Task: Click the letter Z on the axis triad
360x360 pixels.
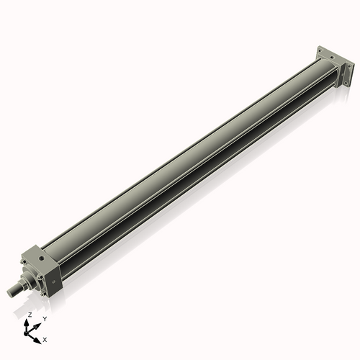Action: (x=30, y=315)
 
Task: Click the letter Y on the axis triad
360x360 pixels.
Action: (x=45, y=319)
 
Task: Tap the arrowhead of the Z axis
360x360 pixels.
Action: (x=26, y=323)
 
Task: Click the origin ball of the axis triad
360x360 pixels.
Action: (x=26, y=333)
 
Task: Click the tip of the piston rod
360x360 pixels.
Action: (x=10, y=292)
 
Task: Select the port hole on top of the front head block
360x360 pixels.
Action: (x=42, y=258)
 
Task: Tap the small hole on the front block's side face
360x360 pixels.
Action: (x=54, y=282)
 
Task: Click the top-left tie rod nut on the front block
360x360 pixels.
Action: (x=23, y=262)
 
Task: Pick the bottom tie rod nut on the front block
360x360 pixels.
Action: (x=42, y=294)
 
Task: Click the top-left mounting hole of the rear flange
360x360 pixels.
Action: (x=320, y=51)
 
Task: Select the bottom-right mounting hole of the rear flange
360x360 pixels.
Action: (x=346, y=83)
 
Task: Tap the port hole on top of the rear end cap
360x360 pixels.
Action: (x=332, y=57)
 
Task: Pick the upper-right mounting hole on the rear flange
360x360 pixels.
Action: (x=349, y=66)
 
